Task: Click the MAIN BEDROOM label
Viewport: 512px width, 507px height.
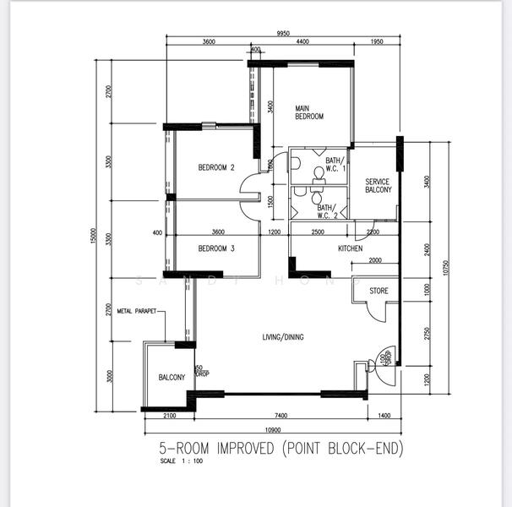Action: (x=309, y=112)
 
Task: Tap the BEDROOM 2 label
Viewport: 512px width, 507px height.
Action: (x=216, y=167)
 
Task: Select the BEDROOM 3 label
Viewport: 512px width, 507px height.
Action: (x=216, y=248)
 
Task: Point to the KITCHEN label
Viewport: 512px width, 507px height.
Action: (x=351, y=248)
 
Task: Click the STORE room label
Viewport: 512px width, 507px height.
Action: (x=379, y=292)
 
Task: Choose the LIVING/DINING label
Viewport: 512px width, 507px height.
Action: (x=282, y=337)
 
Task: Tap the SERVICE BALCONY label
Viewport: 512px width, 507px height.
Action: (x=379, y=186)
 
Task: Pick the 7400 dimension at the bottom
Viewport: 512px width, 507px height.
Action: (x=281, y=416)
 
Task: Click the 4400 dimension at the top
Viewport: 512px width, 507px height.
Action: (x=302, y=43)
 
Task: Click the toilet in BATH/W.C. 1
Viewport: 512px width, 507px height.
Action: (x=319, y=173)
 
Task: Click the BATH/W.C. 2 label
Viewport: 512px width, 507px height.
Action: (x=327, y=211)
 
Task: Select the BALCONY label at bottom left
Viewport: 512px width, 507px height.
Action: (x=172, y=377)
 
